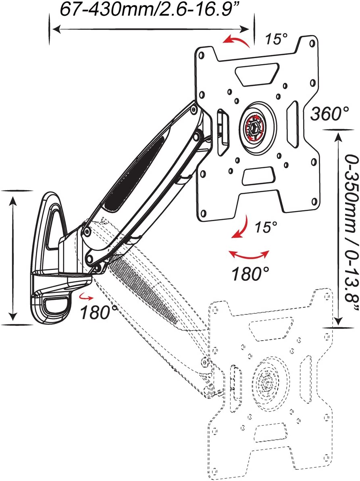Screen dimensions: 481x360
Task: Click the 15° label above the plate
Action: point(276,39)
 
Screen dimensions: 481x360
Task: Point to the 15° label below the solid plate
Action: point(266,227)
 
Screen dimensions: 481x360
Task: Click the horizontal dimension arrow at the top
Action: point(152,29)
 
